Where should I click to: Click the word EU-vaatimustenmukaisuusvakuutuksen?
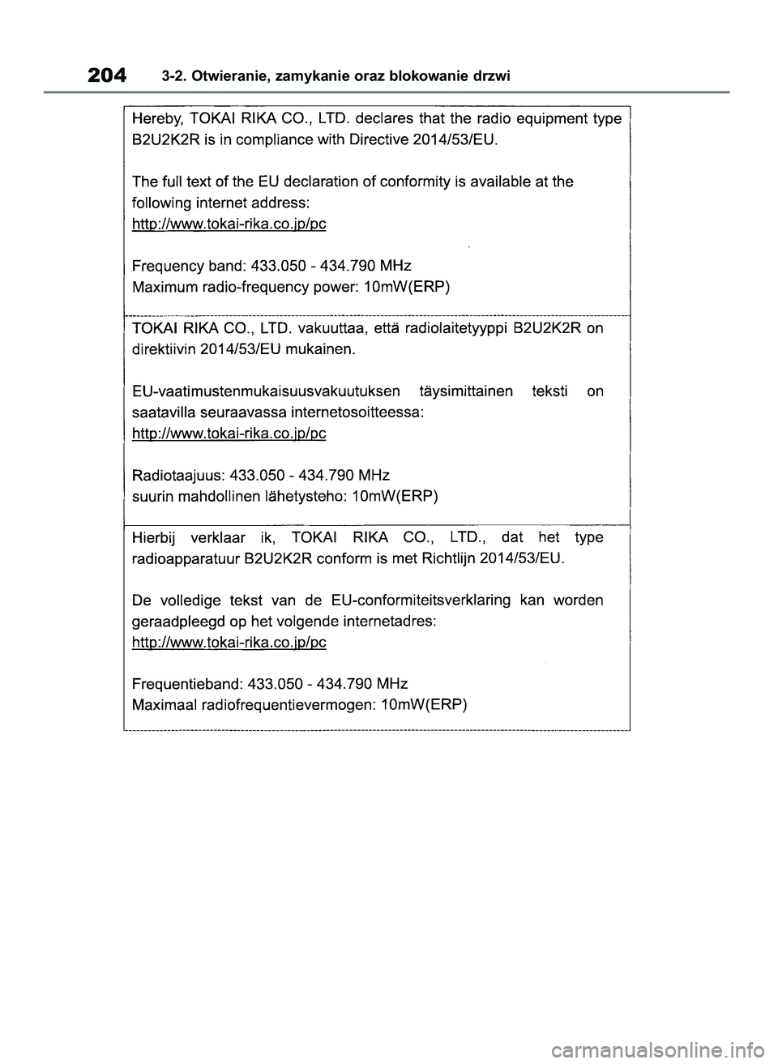pyautogui.click(x=266, y=391)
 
